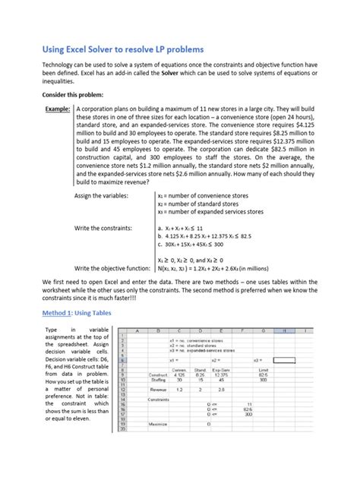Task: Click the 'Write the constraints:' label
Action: pyautogui.click(x=103, y=227)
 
